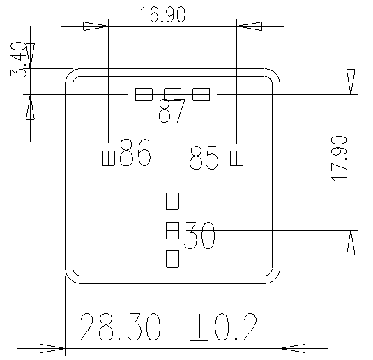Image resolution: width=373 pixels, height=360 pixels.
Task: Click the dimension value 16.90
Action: tap(162, 15)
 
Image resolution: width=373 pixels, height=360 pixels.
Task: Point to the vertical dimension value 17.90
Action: tap(340, 159)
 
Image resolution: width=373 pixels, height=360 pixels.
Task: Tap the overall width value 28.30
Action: tap(120, 327)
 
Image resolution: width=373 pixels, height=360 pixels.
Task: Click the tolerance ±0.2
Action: tap(223, 327)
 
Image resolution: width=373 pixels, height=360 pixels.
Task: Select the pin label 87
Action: tap(172, 112)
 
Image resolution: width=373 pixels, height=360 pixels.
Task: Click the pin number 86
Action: tap(135, 153)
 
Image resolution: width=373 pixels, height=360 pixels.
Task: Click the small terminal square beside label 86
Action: tap(108, 158)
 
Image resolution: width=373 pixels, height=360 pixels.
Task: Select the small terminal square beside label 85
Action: tap(236, 158)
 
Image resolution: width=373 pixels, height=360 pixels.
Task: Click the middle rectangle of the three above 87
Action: tap(172, 94)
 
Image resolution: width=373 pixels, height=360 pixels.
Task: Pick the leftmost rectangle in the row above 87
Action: tap(144, 94)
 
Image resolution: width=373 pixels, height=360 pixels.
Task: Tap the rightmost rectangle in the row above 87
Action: tap(201, 94)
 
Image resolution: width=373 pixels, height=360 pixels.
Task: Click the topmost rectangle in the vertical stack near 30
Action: tap(172, 202)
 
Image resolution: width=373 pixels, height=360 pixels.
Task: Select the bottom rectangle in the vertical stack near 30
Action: tap(172, 259)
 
